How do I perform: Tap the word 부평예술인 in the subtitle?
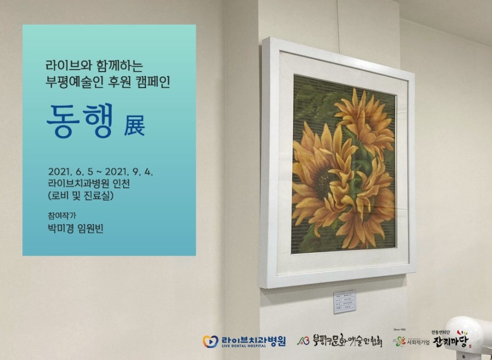[75, 82]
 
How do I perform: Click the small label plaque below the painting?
[344, 301]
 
